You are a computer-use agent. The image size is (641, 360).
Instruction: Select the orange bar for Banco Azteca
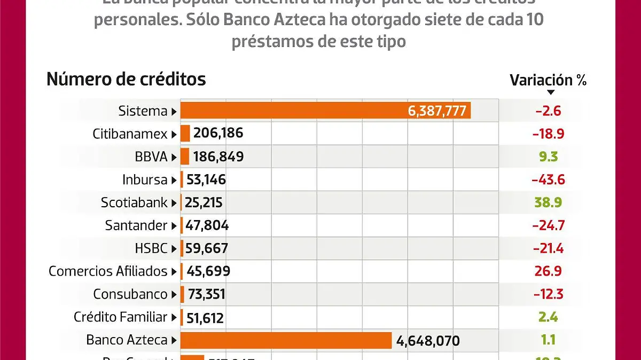pyautogui.click(x=286, y=340)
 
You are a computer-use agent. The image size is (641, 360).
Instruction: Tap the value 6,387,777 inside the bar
pyautogui.click(x=437, y=111)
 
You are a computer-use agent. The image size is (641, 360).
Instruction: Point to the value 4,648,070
pyautogui.click(x=428, y=340)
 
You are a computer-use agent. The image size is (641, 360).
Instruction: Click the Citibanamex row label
pyautogui.click(x=130, y=134)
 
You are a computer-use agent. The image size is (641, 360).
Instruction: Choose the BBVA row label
pyautogui.click(x=152, y=157)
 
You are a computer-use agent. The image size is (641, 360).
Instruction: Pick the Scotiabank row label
pyautogui.click(x=135, y=203)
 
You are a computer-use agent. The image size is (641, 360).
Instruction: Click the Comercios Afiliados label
pyautogui.click(x=108, y=271)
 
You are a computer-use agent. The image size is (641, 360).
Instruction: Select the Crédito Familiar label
pyautogui.click(x=121, y=317)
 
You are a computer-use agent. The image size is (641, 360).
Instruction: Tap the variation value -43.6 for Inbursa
pyautogui.click(x=548, y=180)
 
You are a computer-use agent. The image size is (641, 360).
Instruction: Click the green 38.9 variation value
pyautogui.click(x=548, y=203)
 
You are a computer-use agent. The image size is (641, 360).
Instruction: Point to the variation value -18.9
pyautogui.click(x=548, y=134)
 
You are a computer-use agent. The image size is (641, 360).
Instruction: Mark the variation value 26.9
pyautogui.click(x=548, y=271)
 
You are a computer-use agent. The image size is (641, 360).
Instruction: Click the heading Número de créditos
pyautogui.click(x=126, y=79)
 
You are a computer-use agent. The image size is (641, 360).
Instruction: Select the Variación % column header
pyautogui.click(x=548, y=80)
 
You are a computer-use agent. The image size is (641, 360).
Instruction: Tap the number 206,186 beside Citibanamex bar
pyautogui.click(x=218, y=134)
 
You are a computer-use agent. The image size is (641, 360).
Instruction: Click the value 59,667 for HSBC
pyautogui.click(x=207, y=248)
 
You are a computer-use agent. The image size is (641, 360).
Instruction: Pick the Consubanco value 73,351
pyautogui.click(x=206, y=294)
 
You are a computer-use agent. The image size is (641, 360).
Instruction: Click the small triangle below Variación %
pyautogui.click(x=551, y=92)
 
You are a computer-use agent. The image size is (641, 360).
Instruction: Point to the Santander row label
pyautogui.click(x=137, y=225)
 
